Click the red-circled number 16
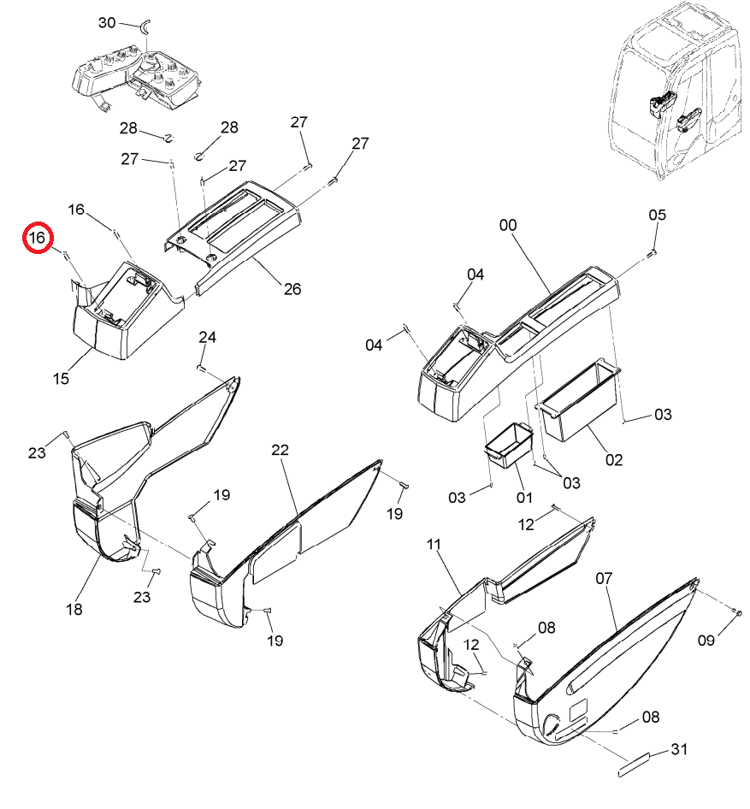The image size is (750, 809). (38, 238)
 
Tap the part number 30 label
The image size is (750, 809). (107, 23)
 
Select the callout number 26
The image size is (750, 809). (292, 289)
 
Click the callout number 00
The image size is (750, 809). (508, 225)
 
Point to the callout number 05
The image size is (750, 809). (657, 215)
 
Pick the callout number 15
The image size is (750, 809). (61, 379)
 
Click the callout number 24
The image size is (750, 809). (207, 338)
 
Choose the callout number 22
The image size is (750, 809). (280, 450)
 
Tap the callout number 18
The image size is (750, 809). (74, 610)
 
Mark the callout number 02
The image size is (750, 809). (614, 460)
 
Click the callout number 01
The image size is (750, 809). (524, 498)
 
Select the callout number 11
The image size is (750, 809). (434, 544)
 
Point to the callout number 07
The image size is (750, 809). (604, 578)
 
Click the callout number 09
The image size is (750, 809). (706, 641)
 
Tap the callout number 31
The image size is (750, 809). (679, 749)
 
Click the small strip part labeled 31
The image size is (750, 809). (634, 765)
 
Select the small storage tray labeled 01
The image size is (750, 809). (509, 445)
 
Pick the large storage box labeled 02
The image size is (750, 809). (579, 400)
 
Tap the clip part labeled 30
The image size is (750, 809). (145, 26)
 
